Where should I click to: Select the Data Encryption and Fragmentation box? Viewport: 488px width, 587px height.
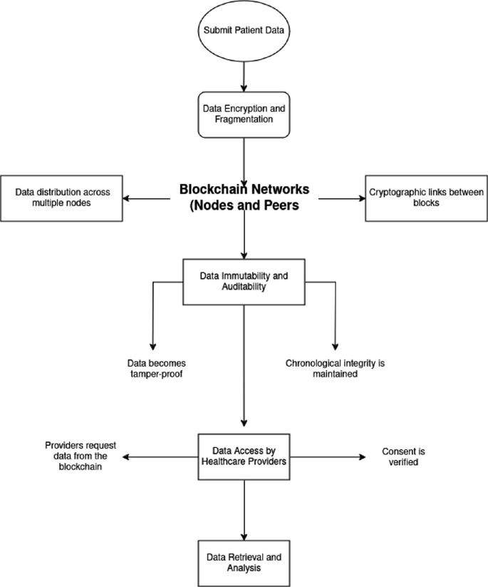tap(244, 113)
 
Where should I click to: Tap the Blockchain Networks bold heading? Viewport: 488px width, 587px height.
tap(244, 198)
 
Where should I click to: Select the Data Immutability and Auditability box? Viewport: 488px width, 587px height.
tap(244, 281)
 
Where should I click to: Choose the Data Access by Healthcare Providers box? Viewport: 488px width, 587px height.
tap(244, 456)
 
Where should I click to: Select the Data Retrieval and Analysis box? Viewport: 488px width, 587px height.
tap(244, 563)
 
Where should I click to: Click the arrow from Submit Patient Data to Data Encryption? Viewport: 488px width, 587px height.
tap(244, 73)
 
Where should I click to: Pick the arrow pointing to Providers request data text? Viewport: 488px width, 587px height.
tap(164, 456)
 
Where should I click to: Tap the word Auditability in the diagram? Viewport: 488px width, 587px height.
tap(244, 287)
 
